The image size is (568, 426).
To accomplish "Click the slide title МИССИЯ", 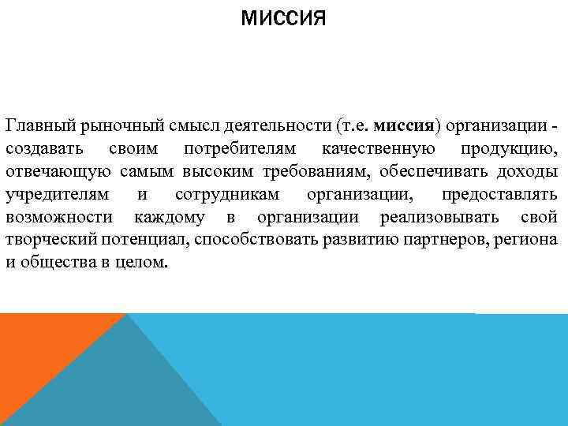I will [283, 17].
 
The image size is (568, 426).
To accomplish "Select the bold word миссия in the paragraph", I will [403, 126].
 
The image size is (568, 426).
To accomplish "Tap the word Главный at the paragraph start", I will [36, 126].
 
